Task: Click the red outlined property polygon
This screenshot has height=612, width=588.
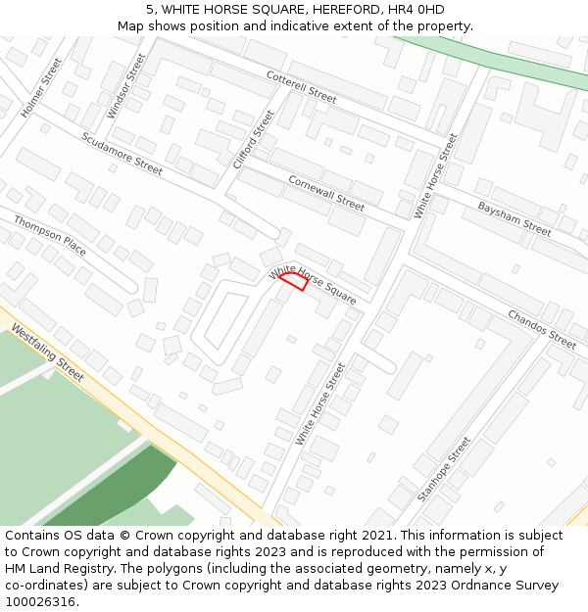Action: click(294, 282)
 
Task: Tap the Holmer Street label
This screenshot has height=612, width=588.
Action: click(41, 88)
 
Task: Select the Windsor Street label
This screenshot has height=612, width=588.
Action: click(125, 86)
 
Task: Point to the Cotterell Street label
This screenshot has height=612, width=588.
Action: click(301, 87)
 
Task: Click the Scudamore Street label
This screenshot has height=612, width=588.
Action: click(122, 154)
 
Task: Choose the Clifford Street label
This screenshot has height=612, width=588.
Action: click(255, 139)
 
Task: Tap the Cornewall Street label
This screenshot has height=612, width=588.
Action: click(326, 193)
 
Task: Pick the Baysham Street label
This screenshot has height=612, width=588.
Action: click(514, 218)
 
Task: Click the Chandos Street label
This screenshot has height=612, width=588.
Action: click(542, 329)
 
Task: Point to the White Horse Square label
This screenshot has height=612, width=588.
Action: click(314, 283)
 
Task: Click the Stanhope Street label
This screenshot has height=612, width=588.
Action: click(444, 469)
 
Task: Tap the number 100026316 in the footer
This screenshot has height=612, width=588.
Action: click(42, 602)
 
